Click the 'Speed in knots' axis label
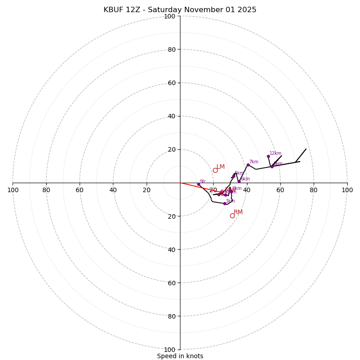pos(180,356)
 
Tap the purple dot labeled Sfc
pos(198,184)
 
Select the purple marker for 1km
pos(225,203)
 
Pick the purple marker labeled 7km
pos(248,165)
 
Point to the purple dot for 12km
pos(268,156)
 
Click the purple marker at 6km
pos(239,181)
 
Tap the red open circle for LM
pos(215,170)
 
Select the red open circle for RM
pos(232,216)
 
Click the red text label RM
pos(238,212)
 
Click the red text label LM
pos(220,166)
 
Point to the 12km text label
pos(275,153)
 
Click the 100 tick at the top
pos(169,16)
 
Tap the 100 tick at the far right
pos(347,190)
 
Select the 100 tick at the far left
pos(13,190)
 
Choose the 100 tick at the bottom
pos(169,350)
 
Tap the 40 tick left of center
pos(113,190)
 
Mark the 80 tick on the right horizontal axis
pos(314,190)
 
